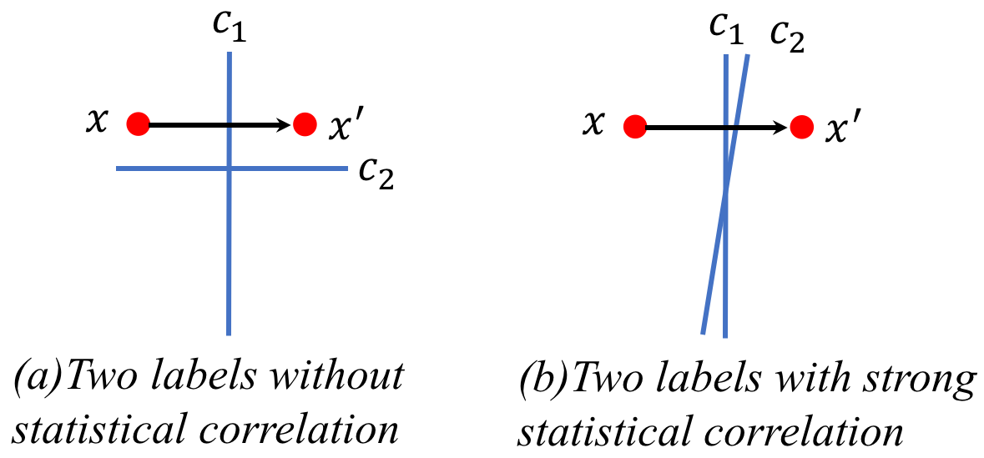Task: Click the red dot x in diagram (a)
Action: [x=138, y=125]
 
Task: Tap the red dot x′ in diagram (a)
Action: [x=305, y=125]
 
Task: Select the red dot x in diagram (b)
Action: [x=635, y=127]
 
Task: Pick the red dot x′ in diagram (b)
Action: [x=801, y=127]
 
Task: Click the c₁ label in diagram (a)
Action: [x=229, y=32]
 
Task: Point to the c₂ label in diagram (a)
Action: [x=376, y=174]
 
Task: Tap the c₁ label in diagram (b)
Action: [x=726, y=30]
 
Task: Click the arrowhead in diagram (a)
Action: [x=284, y=125]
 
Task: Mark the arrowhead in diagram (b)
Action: [x=781, y=127]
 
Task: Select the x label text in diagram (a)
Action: [x=98, y=123]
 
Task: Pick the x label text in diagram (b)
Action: [x=593, y=125]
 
